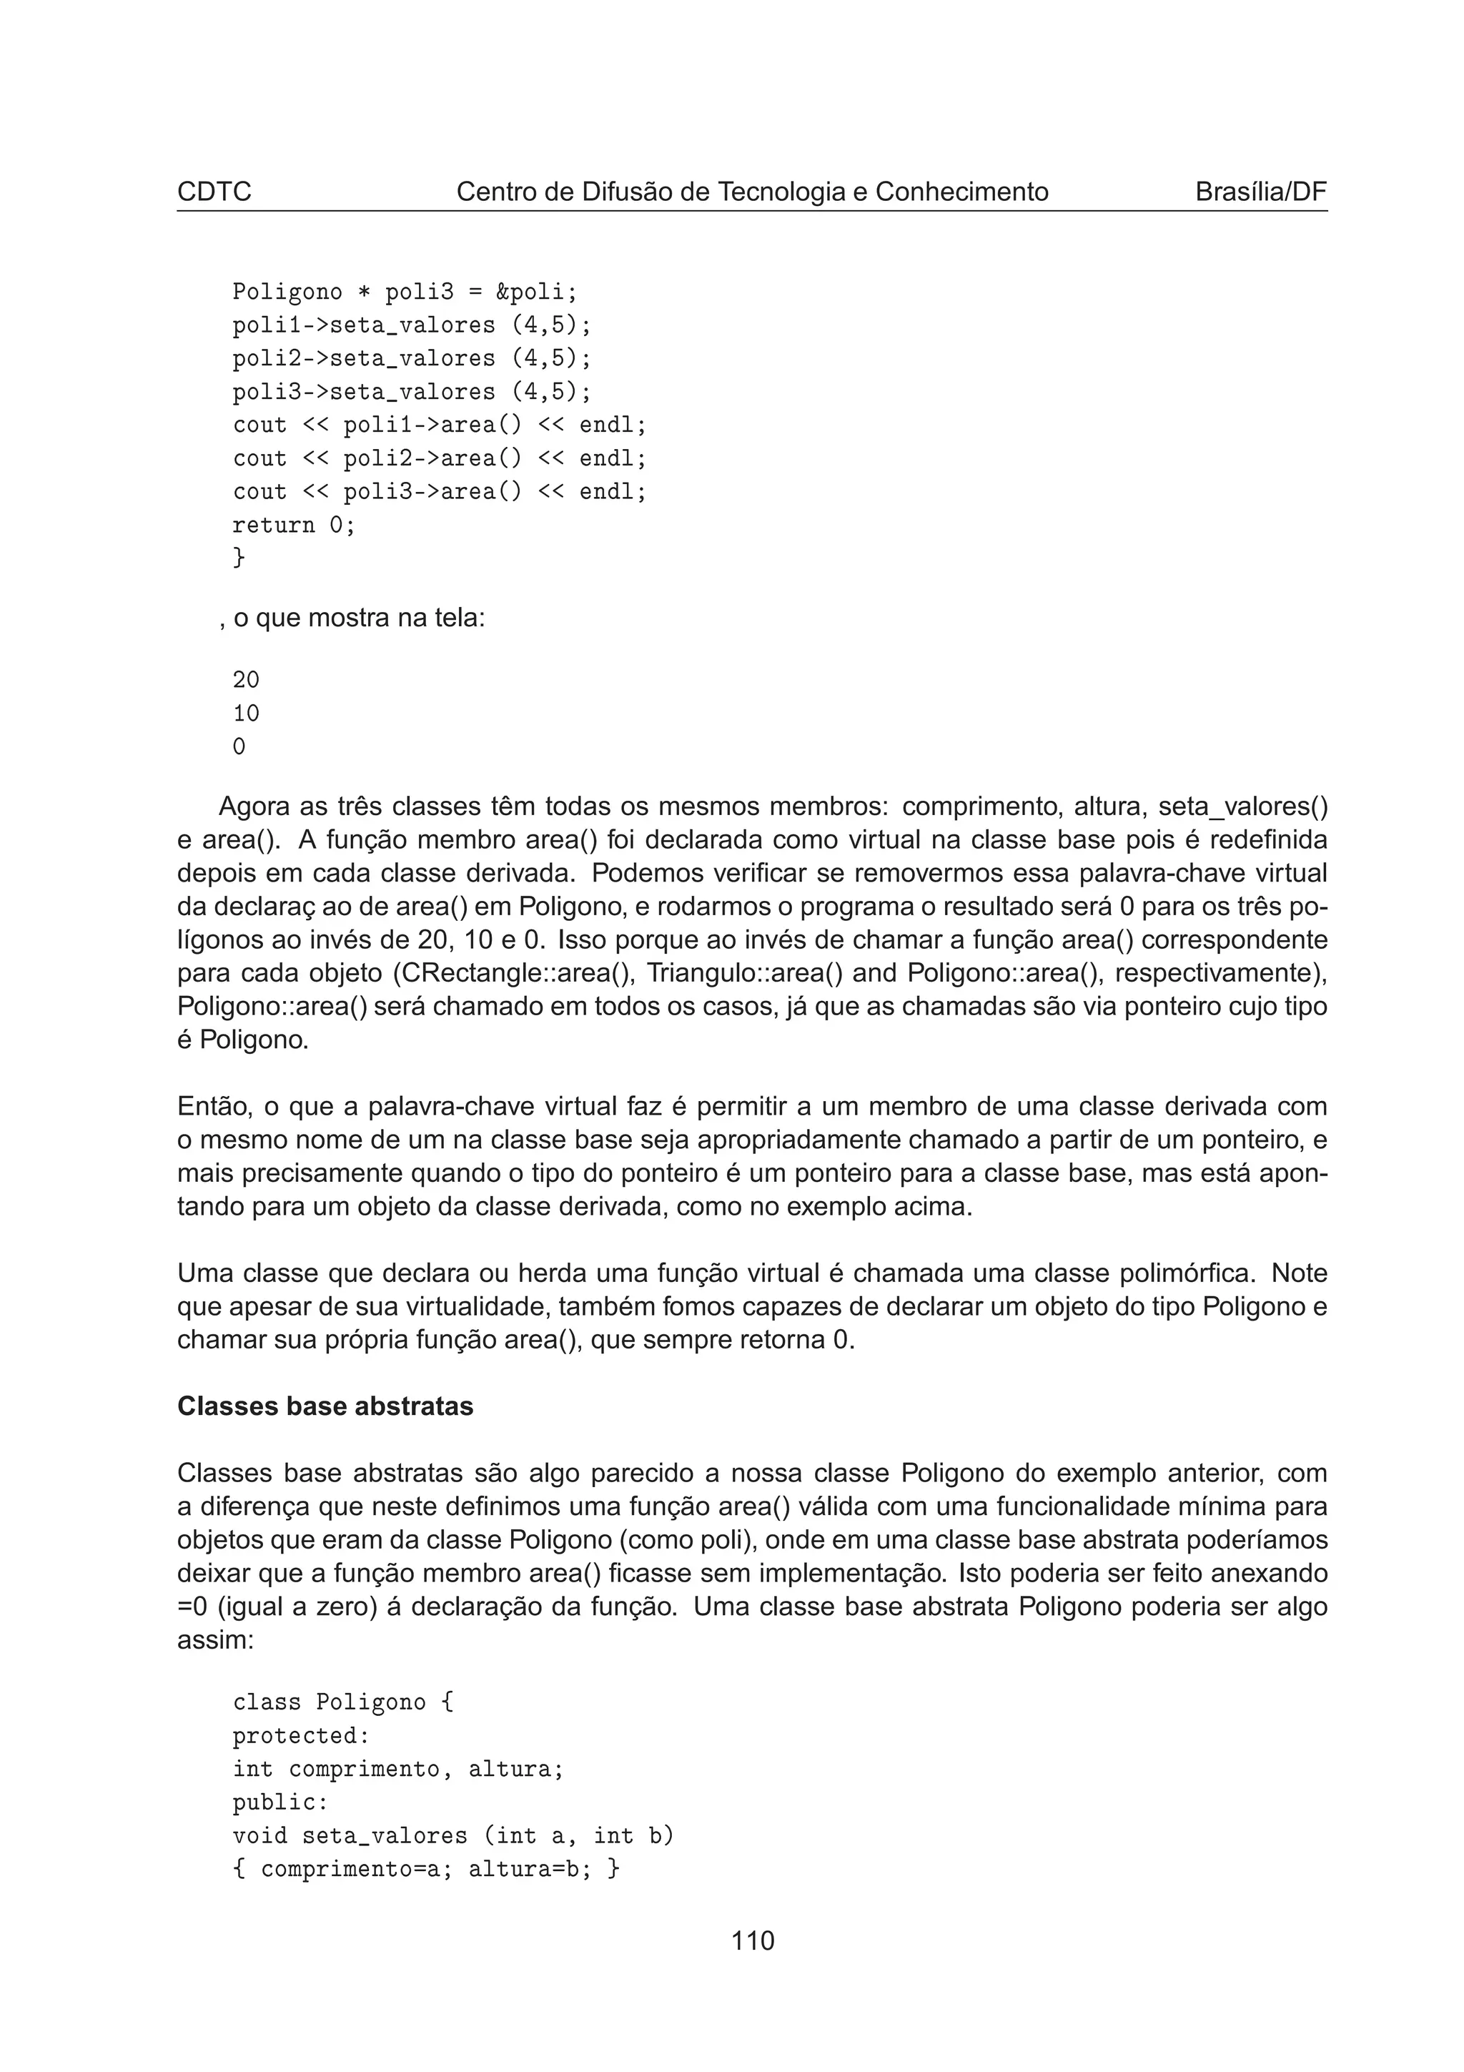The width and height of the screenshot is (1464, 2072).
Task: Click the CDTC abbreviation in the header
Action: pyautogui.click(x=214, y=192)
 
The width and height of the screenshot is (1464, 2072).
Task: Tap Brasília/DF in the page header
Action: pyautogui.click(x=1260, y=192)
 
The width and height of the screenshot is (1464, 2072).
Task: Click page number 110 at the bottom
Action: pyautogui.click(x=752, y=1940)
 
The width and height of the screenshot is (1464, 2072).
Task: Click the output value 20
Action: pyautogui.click(x=245, y=681)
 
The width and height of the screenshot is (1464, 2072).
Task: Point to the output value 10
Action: pyautogui.click(x=245, y=714)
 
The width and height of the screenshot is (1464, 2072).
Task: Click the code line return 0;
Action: pyautogui.click(x=294, y=526)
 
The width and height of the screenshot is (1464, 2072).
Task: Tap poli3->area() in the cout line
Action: pyautogui.click(x=432, y=492)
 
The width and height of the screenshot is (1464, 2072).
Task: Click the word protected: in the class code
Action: pyautogui.click(x=301, y=1735)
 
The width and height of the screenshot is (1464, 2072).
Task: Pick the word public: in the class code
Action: pyautogui.click(x=280, y=1802)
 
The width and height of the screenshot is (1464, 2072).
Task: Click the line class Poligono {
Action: pyautogui.click(x=343, y=1702)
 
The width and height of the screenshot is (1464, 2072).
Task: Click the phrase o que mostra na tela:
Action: pyautogui.click(x=359, y=618)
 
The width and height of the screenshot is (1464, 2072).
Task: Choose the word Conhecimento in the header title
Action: pyautogui.click(x=961, y=192)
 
